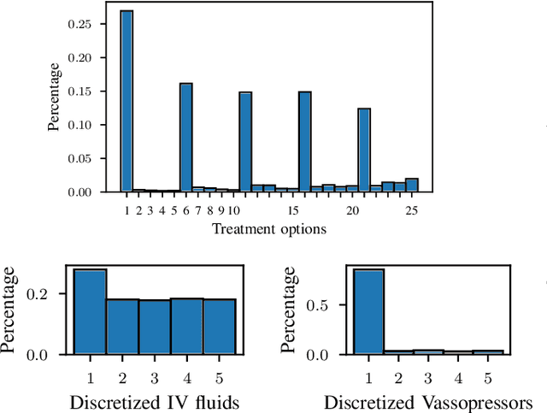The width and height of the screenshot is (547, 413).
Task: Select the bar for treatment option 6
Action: tap(185, 137)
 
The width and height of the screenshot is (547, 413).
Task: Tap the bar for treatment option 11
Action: tap(245, 141)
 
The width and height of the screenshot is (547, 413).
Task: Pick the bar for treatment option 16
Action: tap(304, 141)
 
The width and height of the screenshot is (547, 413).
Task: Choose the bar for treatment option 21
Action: tap(364, 150)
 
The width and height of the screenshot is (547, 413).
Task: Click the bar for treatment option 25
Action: tap(411, 185)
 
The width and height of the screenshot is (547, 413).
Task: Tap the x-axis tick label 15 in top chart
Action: tap(292, 210)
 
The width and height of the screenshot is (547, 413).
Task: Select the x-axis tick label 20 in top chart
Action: tap(352, 210)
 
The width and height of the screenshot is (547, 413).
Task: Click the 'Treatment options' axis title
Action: tap(268, 228)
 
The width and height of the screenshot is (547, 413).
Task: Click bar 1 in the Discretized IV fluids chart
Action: tap(90, 311)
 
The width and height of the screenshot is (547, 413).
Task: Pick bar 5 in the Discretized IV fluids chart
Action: tap(218, 326)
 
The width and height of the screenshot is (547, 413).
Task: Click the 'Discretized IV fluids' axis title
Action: tap(154, 402)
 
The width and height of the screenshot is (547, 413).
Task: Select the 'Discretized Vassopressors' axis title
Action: tap(427, 402)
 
